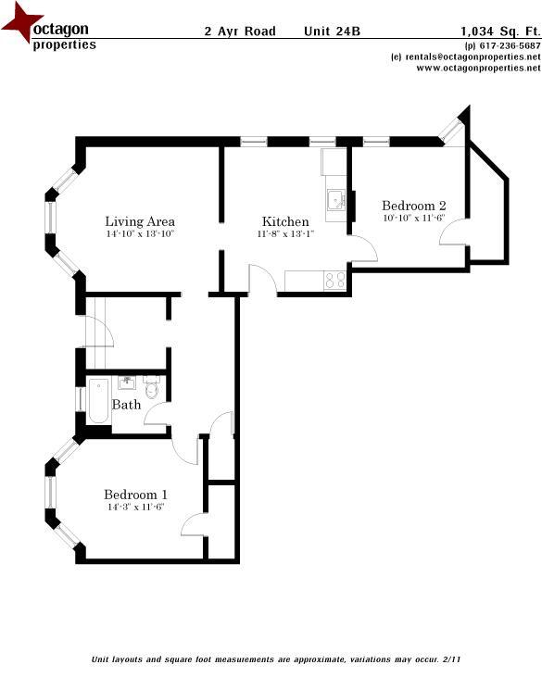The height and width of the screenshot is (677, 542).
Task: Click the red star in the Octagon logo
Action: coord(20,25)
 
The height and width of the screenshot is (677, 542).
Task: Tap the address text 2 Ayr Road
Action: coord(240,31)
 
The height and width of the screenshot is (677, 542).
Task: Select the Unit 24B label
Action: coord(332,31)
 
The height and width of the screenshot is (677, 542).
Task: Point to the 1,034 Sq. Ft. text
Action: coord(499,31)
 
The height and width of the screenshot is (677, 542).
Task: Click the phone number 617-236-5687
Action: coord(508,46)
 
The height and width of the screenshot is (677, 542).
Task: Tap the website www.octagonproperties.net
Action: coord(472,68)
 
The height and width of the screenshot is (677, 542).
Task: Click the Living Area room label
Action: coord(140,221)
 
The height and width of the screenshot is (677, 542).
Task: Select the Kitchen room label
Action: coord(285,221)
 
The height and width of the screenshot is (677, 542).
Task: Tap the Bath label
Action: coord(126,405)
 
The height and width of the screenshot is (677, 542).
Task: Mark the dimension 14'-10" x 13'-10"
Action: coord(140,234)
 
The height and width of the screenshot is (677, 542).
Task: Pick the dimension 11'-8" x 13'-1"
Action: coord(285,234)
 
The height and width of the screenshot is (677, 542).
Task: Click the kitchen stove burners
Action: coord(334,279)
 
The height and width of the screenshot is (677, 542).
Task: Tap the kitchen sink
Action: coord(333,198)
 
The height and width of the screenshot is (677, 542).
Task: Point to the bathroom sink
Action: coord(126,382)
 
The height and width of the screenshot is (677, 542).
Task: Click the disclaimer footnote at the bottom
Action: coord(275,659)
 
